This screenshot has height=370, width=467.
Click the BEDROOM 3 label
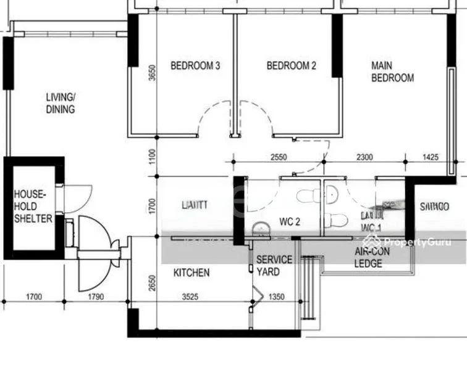click(195, 66)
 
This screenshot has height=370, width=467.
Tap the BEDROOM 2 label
click(291, 66)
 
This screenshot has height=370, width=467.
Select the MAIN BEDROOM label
click(392, 72)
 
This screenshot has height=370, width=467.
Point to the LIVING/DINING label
click(61, 103)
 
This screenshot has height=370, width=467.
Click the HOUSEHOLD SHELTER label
click(33, 206)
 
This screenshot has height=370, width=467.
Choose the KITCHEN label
click(191, 273)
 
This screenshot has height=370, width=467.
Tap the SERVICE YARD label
click(274, 266)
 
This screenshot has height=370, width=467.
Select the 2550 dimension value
click(279, 157)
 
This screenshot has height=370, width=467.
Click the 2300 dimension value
click(364, 157)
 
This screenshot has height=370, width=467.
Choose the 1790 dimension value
click(95, 297)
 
